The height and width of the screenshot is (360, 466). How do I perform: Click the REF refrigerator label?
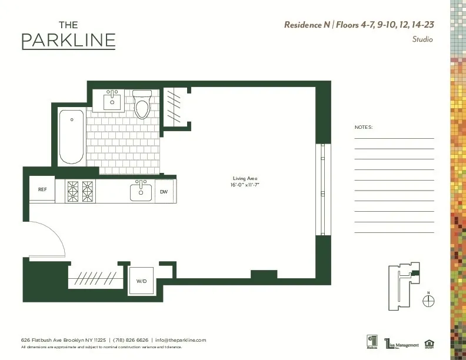point(42,189)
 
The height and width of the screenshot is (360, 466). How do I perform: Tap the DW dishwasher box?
point(164,192)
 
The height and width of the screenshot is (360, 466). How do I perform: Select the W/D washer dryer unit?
point(142,281)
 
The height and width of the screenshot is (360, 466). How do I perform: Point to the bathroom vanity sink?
point(113,101)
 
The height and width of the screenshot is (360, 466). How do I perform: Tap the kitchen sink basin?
point(141,191)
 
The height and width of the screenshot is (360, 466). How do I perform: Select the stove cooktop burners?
point(80,191)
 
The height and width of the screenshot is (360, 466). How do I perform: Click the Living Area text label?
point(245,178)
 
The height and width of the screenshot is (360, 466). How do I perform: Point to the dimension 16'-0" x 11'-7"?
point(245,185)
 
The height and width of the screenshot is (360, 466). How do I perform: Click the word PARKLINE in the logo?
point(68,41)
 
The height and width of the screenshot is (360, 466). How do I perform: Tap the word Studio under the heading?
point(422,40)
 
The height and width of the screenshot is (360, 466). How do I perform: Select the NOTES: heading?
point(364,127)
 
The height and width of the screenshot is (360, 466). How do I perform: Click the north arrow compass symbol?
point(428,300)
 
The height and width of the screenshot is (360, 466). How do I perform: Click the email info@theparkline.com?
point(181,340)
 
